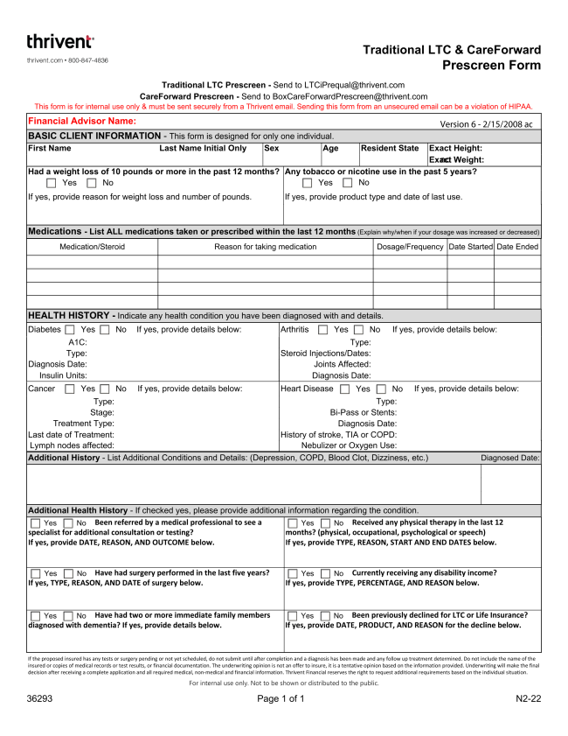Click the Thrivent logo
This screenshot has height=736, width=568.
[x=60, y=42]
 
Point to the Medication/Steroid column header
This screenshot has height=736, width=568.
[x=92, y=247]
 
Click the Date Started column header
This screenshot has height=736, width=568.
[x=470, y=247]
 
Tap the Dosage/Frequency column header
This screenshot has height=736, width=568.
[x=410, y=247]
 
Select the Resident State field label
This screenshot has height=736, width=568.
[x=390, y=149]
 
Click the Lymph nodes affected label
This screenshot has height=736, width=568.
[x=71, y=445]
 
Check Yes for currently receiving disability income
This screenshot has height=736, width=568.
[x=294, y=573]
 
